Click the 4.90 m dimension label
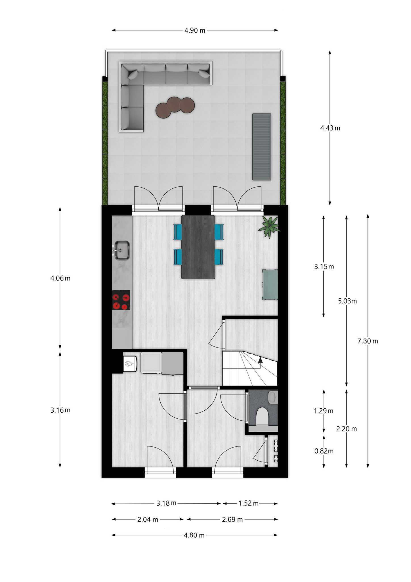(195, 30)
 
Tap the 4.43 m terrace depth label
(330, 128)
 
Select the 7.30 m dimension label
(368, 341)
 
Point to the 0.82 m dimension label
(324, 451)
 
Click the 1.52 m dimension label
(249, 503)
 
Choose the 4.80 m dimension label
(194, 535)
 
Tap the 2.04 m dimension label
(148, 519)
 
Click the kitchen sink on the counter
(122, 250)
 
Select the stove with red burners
(121, 300)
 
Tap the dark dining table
(198, 247)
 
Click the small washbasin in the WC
(273, 397)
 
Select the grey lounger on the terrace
(262, 147)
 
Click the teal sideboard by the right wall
(270, 284)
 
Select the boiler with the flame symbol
(130, 364)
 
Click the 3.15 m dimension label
(324, 267)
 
